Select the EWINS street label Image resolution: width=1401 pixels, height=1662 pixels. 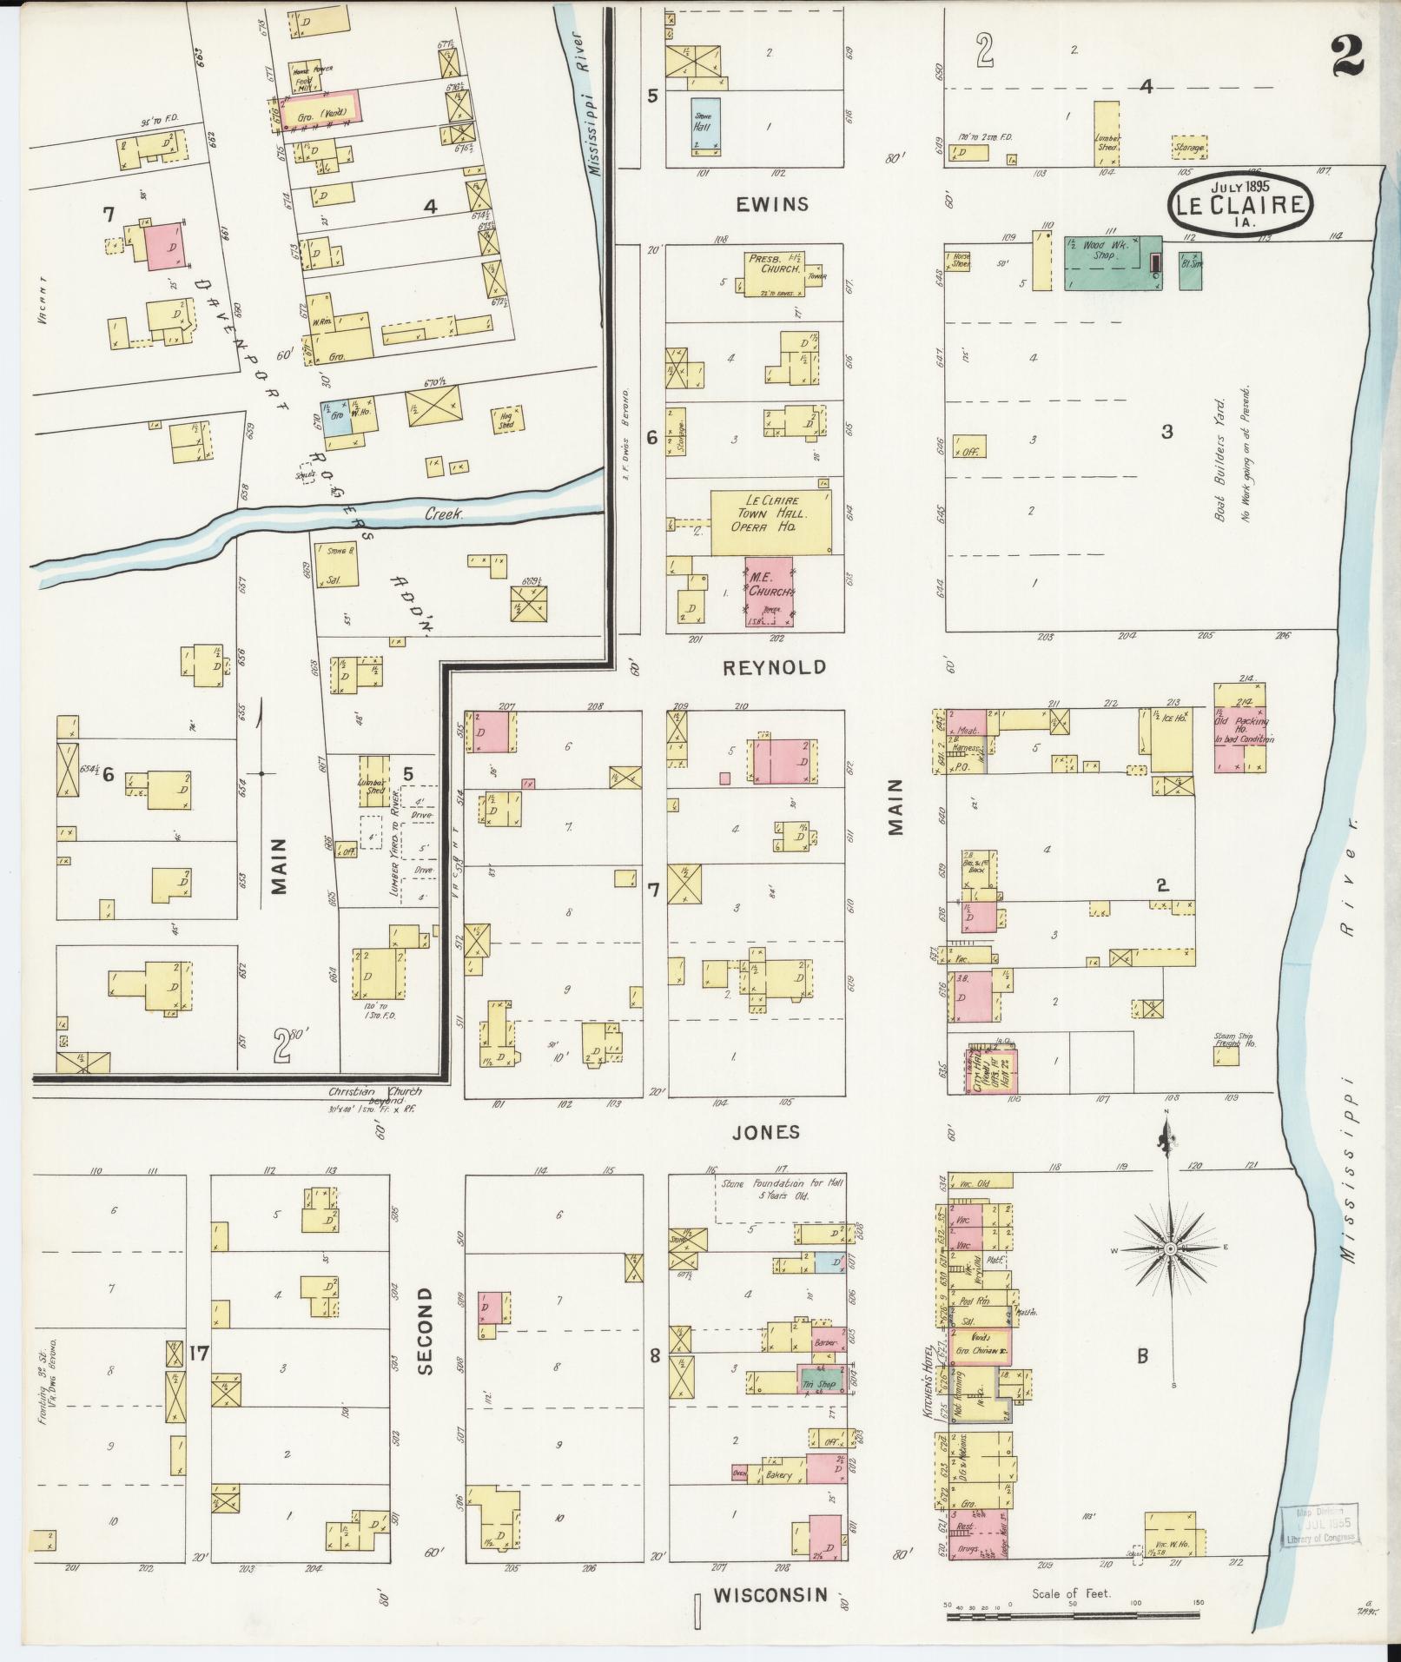click(x=772, y=204)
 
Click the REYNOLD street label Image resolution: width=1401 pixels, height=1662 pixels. click(x=774, y=667)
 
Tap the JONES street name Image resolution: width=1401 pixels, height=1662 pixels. click(x=764, y=1132)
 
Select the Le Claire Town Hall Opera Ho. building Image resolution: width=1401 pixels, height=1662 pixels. click(x=770, y=522)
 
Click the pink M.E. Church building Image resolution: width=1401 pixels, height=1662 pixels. click(x=770, y=592)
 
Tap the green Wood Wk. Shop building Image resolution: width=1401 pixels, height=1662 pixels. click(x=1112, y=262)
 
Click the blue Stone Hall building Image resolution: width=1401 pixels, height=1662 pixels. click(x=702, y=127)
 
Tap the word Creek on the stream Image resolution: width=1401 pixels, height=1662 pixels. click(x=445, y=515)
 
